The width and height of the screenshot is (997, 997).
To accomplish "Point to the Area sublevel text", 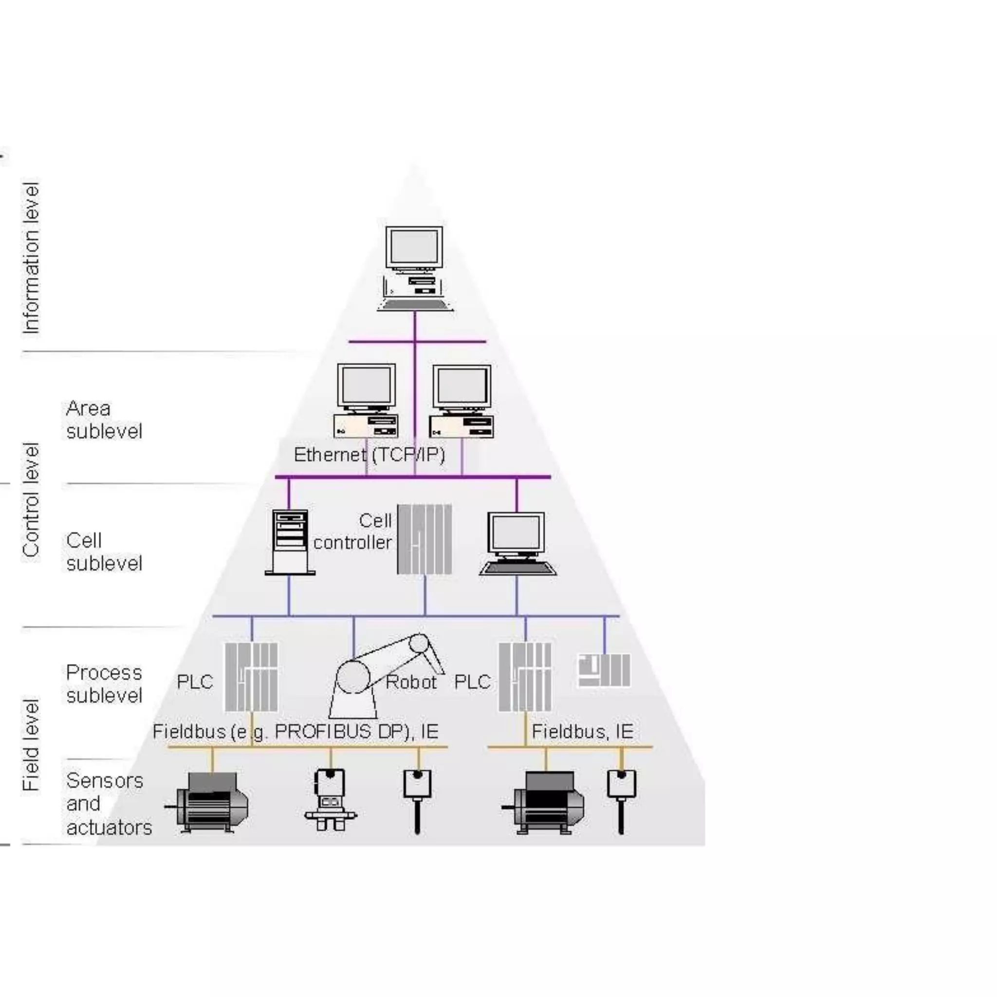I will click(103, 420).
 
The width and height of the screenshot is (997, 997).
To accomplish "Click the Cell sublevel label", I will click(103, 552).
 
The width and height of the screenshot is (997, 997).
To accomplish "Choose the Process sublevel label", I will click(103, 684).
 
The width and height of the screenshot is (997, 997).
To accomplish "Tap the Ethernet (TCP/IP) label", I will click(369, 455).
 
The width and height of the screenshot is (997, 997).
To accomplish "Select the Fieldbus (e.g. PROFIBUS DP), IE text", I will click(295, 731).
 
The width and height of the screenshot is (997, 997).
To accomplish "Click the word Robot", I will click(411, 682).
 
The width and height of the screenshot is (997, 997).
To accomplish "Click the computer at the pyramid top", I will click(414, 268).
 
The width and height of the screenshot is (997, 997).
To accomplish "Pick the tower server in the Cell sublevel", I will click(290, 542).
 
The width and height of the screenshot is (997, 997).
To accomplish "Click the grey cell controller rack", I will click(424, 539).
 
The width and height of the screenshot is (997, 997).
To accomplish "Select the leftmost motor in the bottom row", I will click(209, 802).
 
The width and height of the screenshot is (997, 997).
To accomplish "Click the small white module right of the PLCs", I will click(603, 670).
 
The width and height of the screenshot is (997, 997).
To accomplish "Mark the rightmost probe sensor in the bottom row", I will click(621, 800).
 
